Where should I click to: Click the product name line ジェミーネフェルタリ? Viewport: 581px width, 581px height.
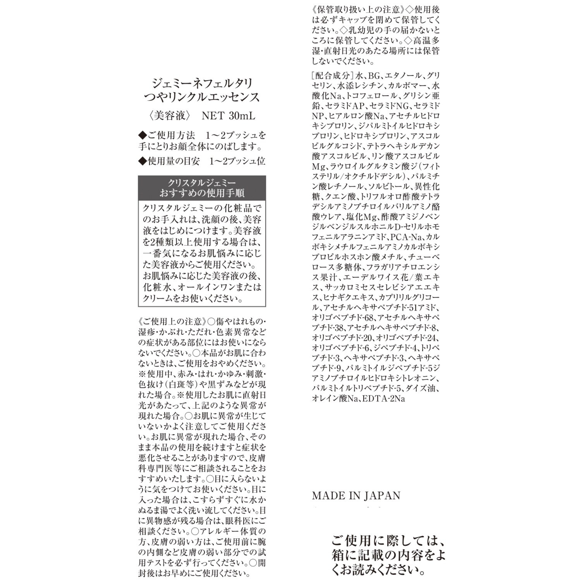pyautogui.click(x=202, y=83)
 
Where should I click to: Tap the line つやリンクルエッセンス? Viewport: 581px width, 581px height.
pyautogui.click(x=202, y=97)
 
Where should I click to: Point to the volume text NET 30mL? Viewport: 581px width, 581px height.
pyautogui.click(x=229, y=116)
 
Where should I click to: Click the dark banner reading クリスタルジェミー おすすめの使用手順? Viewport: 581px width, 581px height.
pyautogui.click(x=202, y=187)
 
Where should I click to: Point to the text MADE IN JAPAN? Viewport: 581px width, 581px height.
pyautogui.click(x=356, y=496)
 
